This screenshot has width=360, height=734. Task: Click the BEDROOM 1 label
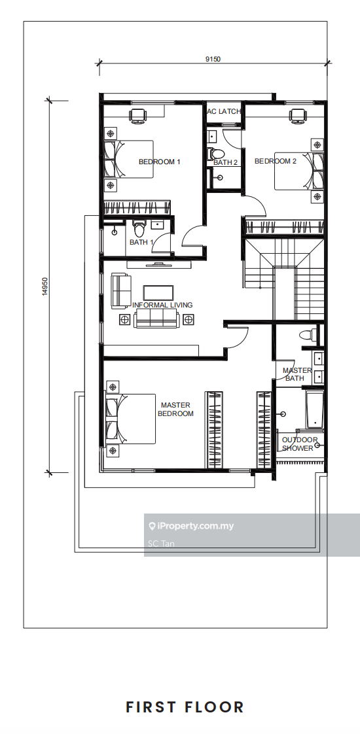coord(159,162)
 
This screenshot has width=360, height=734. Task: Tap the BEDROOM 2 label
coord(276,161)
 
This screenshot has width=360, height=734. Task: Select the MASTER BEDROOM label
coord(175,409)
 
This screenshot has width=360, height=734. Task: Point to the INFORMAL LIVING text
coord(162,305)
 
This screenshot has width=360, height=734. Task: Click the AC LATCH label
coord(225,111)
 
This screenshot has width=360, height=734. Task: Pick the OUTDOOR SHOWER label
coord(300,444)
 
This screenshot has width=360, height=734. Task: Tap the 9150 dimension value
coord(213,59)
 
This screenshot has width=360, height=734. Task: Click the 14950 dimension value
coord(45,287)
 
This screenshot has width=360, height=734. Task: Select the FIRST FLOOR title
coord(185,707)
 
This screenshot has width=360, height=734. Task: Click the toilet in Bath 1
coord(139,228)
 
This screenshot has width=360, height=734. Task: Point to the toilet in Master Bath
coord(308,334)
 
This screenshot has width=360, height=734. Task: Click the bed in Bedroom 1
coord(129,159)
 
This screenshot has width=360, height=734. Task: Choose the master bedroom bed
coord(131,419)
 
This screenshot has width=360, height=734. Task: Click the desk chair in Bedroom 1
coord(137,115)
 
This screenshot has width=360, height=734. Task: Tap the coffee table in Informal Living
coord(158,293)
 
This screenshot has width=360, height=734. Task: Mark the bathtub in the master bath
coord(314,410)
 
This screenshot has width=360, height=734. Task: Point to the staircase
coord(283,279)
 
